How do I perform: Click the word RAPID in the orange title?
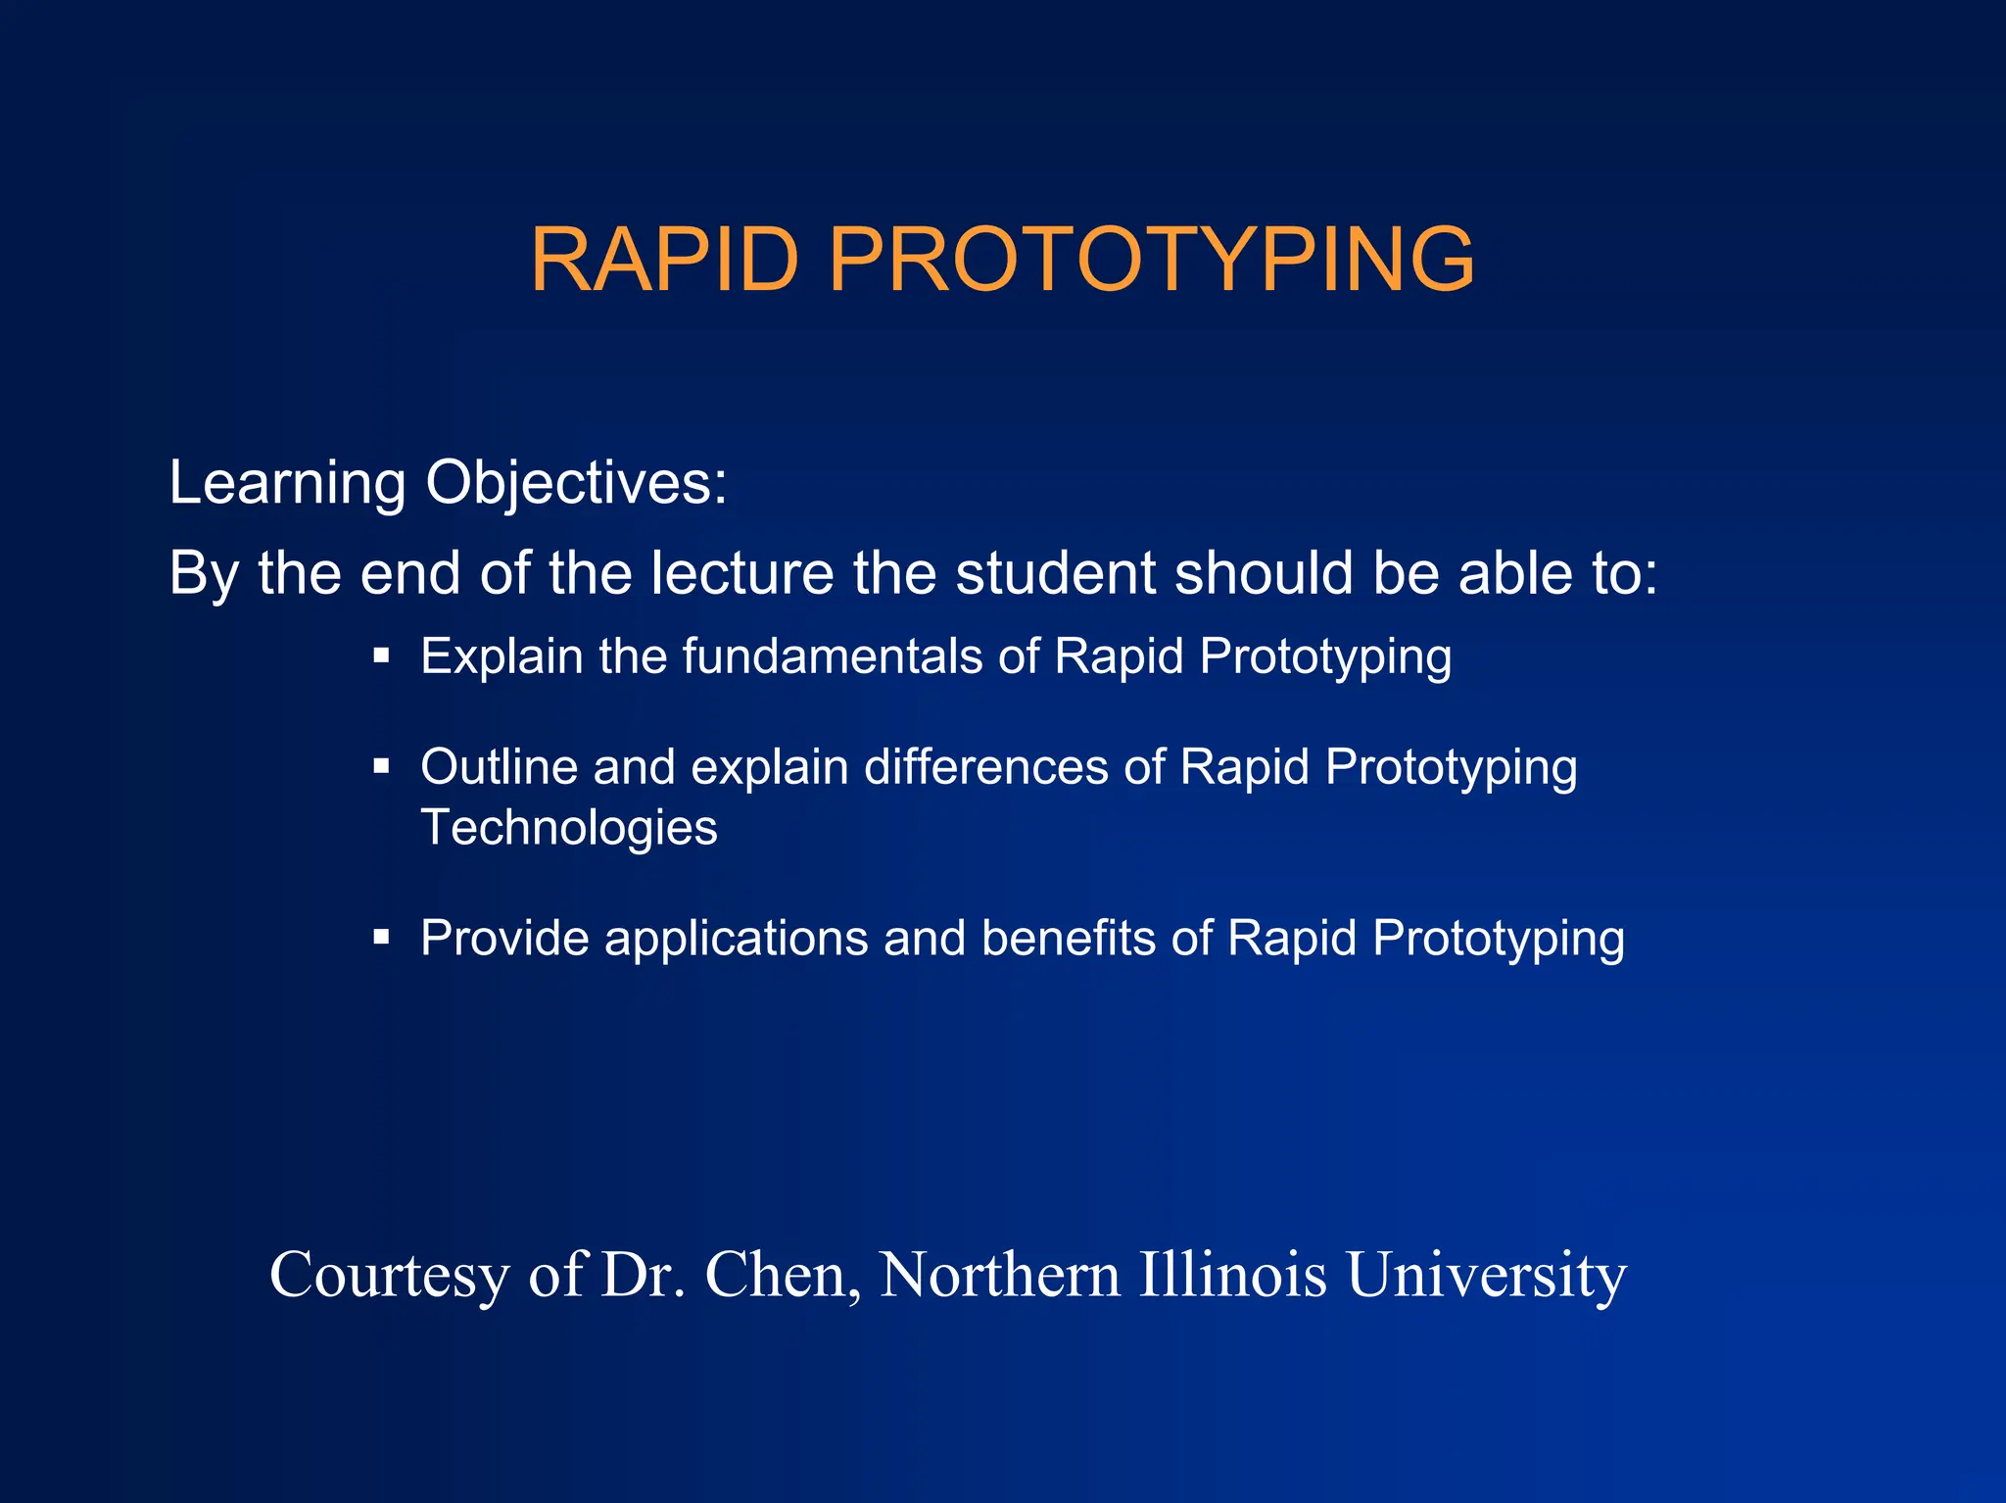[664, 260]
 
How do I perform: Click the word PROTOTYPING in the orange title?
[1151, 260]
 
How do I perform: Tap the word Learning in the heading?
[287, 484]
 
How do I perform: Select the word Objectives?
[576, 484]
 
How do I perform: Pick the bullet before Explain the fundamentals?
[382, 655]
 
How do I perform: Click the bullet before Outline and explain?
[382, 766]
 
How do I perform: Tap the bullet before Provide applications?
[382, 938]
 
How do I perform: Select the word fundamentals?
[832, 656]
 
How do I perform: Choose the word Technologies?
[569, 828]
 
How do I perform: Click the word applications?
[736, 939]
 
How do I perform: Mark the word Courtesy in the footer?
[389, 1276]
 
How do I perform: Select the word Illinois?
[1232, 1276]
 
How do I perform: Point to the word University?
[1486, 1276]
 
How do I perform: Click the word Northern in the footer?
[999, 1276]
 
